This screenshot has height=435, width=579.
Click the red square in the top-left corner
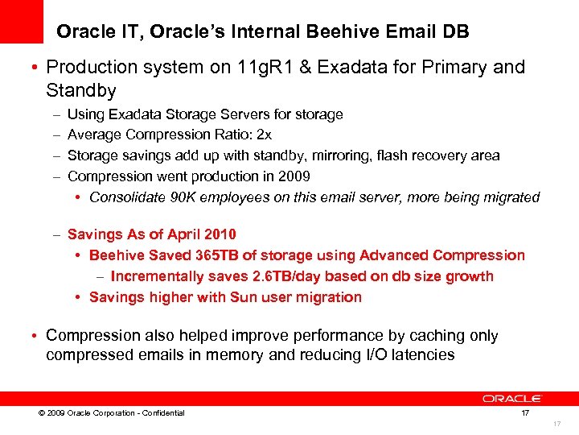click(21, 21)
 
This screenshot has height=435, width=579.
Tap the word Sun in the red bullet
click(244, 297)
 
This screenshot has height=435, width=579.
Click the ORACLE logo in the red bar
click(512, 398)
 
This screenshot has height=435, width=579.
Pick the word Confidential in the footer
click(162, 413)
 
